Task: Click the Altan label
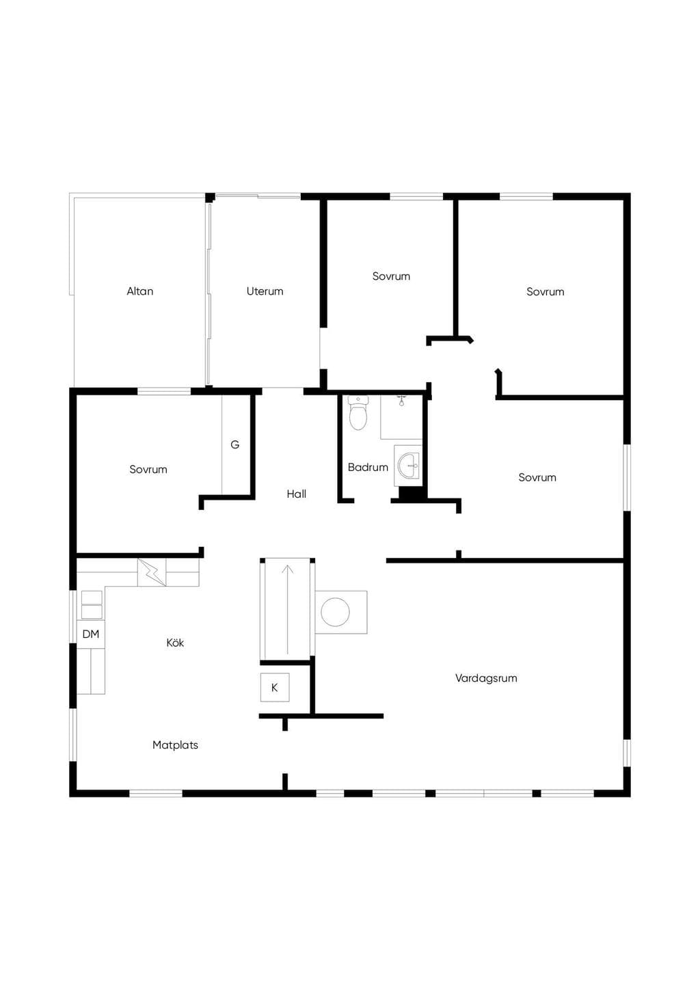click(139, 291)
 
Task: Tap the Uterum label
click(265, 291)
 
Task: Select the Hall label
click(296, 494)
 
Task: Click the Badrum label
click(368, 467)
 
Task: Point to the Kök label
click(175, 643)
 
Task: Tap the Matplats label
click(175, 745)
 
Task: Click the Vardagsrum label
click(486, 678)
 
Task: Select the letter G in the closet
click(234, 444)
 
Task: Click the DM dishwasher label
click(91, 634)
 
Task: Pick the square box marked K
click(274, 687)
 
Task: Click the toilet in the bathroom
click(358, 413)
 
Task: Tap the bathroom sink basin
click(408, 466)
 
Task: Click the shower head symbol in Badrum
click(401, 401)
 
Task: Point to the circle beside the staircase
click(335, 612)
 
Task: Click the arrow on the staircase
click(288, 609)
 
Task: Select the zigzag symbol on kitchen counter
click(152, 572)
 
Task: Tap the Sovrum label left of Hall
click(148, 470)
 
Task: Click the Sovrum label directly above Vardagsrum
click(537, 477)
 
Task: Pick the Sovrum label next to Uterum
click(391, 276)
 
